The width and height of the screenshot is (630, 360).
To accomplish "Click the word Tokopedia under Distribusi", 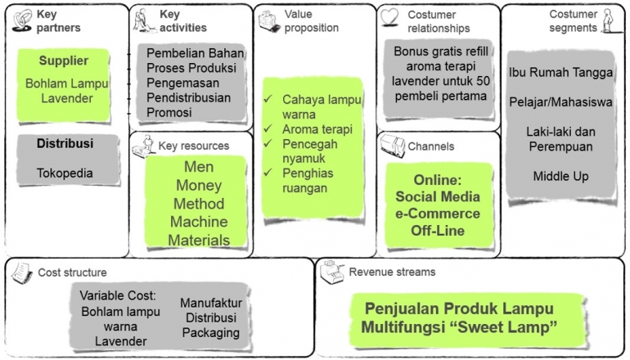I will point(65,173).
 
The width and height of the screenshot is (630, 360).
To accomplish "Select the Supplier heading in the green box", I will point(63,61).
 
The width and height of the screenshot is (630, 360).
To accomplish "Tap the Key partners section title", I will point(53,21).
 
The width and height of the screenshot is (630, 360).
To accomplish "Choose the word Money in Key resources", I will point(199,186).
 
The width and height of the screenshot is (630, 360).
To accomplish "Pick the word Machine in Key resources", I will point(199,222).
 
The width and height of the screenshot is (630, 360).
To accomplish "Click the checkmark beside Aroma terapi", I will point(269,129).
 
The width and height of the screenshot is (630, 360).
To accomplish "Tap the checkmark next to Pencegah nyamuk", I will point(269,144).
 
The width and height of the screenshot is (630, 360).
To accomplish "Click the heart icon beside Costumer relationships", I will point(391,17).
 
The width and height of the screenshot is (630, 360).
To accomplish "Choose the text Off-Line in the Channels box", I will point(439,231).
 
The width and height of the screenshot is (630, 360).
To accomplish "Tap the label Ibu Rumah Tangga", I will point(560,72).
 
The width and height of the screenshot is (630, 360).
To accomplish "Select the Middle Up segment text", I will point(560,176).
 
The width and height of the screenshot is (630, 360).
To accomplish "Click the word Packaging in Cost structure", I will point(210,332).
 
